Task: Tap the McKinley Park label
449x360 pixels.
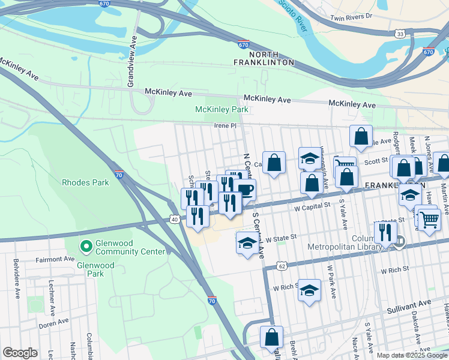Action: point(221,109)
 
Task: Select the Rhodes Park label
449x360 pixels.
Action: point(85,182)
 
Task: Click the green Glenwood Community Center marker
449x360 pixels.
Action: point(86,246)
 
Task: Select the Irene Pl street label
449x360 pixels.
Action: point(226,126)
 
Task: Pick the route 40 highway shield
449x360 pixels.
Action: point(174,220)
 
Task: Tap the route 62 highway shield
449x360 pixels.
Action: point(281,265)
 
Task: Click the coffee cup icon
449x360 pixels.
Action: point(245,190)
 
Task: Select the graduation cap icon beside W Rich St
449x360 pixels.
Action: point(309,290)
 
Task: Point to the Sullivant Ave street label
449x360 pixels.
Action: point(409,304)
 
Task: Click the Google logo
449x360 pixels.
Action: point(20,352)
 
